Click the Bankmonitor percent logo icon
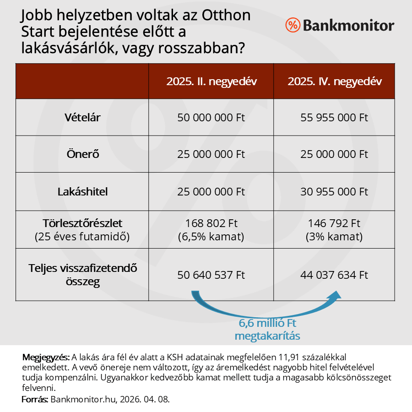[292, 25]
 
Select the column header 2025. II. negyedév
[211, 81]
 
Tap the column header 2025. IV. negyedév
[335, 81]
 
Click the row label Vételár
[82, 117]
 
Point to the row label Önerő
[82, 154]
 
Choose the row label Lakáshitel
[82, 191]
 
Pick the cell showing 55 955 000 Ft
[334, 117]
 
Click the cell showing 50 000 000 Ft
[211, 117]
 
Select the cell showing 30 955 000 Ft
[334, 191]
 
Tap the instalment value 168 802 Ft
[211, 224]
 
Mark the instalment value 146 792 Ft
[334, 224]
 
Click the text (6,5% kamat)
[211, 237]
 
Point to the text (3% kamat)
[334, 237]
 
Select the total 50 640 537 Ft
[211, 275]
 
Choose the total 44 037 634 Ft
[334, 275]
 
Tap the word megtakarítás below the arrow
[267, 336]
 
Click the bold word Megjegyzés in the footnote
[46, 357]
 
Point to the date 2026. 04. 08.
[146, 399]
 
